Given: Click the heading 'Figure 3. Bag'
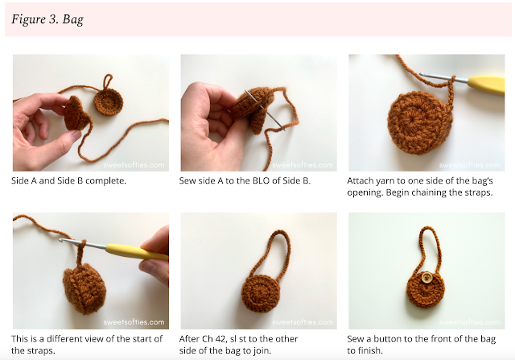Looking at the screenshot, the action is [x=47, y=19].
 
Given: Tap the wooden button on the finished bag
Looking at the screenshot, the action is [x=426, y=278].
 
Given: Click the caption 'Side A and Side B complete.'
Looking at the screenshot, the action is [x=68, y=180].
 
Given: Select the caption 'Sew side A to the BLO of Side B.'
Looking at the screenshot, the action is [x=245, y=180].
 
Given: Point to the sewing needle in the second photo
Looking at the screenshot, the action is [x=265, y=110].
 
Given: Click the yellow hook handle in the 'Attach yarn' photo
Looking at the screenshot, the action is [x=487, y=85].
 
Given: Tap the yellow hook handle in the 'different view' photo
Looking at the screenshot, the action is [x=138, y=252].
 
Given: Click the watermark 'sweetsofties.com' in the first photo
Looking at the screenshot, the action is [x=134, y=165].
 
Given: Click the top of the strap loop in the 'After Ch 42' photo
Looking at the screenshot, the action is [x=278, y=231].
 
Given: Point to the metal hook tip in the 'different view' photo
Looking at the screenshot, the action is [x=61, y=241].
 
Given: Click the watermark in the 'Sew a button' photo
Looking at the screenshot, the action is [x=470, y=322].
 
